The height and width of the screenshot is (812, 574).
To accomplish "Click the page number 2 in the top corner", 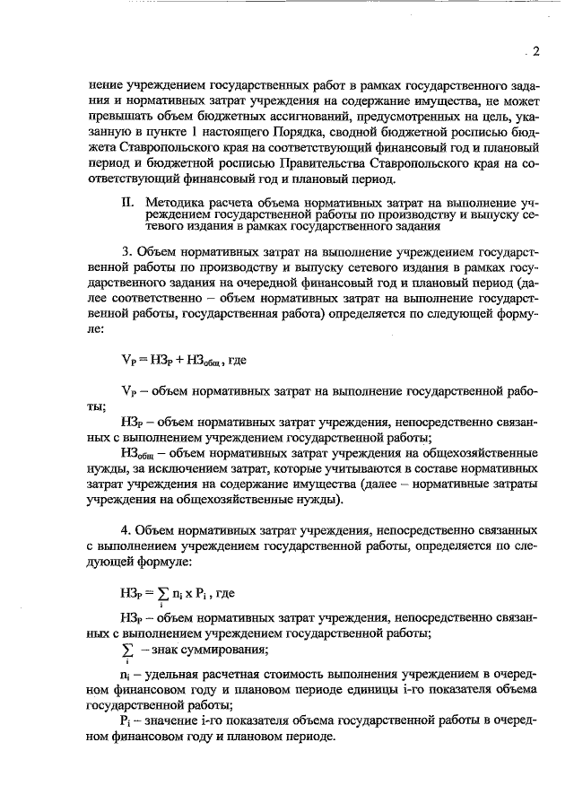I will click(535, 52).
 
